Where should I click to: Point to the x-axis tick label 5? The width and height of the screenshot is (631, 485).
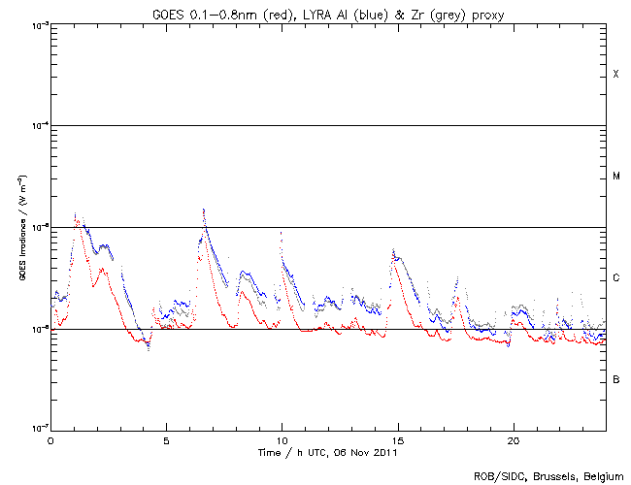tap(166, 439)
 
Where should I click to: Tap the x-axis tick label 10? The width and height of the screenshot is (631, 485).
tap(282, 439)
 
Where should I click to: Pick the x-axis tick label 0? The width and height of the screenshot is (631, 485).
tap(50, 439)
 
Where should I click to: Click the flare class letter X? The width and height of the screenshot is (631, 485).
tap(615, 75)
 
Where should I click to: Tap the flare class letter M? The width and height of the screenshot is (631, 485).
tap(615, 177)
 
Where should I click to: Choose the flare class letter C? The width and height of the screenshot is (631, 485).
tap(615, 278)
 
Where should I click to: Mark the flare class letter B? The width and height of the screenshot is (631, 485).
tap(615, 379)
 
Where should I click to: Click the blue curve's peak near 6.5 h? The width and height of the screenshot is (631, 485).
tap(203, 209)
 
